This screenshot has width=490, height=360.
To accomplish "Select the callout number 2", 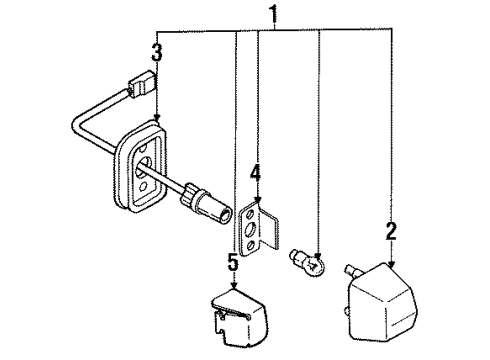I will point(391,233).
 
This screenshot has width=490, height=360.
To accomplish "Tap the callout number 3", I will point(157,52).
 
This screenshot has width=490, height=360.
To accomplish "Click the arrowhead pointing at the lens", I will point(392,261).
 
